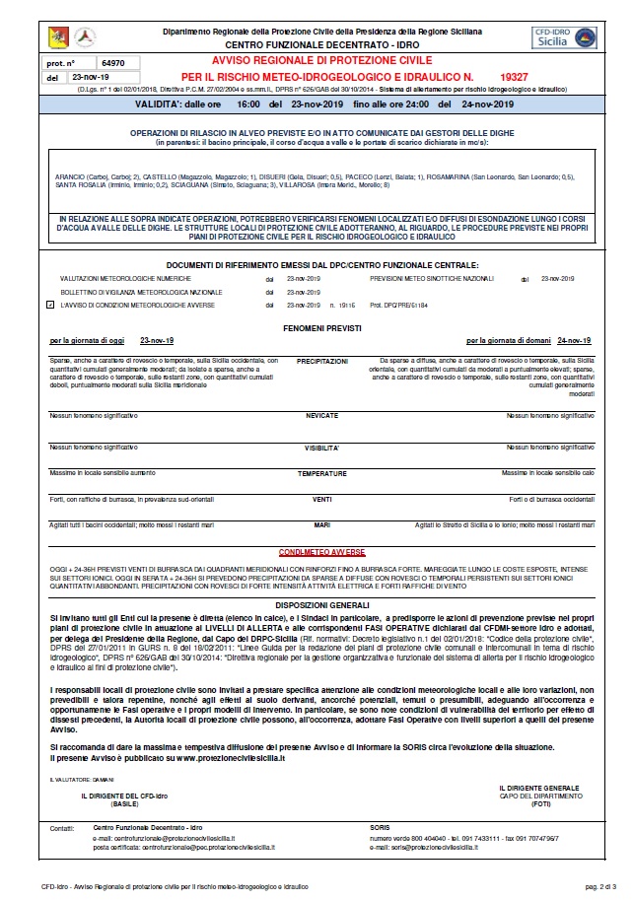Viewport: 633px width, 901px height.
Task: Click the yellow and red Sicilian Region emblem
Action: [58, 36]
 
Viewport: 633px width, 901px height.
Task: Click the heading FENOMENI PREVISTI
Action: [316, 325]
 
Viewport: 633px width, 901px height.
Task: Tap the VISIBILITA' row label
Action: [321, 447]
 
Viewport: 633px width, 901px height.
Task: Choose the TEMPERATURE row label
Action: [321, 474]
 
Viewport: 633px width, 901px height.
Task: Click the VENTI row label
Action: [321, 499]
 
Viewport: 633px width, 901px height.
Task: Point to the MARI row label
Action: [321, 524]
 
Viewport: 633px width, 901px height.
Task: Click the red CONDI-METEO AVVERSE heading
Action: [321, 553]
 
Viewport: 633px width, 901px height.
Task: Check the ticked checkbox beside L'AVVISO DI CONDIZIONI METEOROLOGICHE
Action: [50, 307]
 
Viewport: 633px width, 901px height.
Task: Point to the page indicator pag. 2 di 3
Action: [604, 887]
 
